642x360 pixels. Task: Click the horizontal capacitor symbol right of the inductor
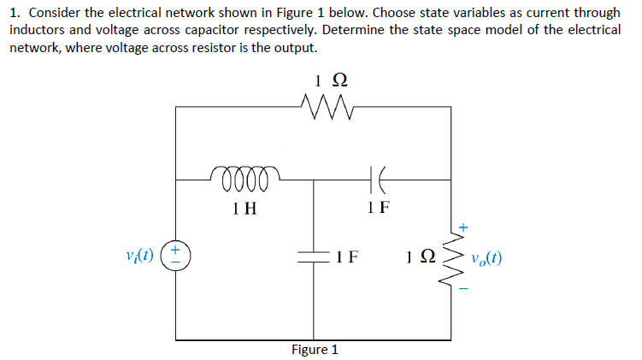[377, 180]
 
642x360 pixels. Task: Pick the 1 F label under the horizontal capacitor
[377, 206]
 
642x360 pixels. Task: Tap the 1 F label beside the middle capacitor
[346, 255]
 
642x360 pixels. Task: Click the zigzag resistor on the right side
[453, 256]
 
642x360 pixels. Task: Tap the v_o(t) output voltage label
[486, 256]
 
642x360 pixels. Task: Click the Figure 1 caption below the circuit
[315, 349]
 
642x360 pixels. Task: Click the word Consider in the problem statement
[56, 14]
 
